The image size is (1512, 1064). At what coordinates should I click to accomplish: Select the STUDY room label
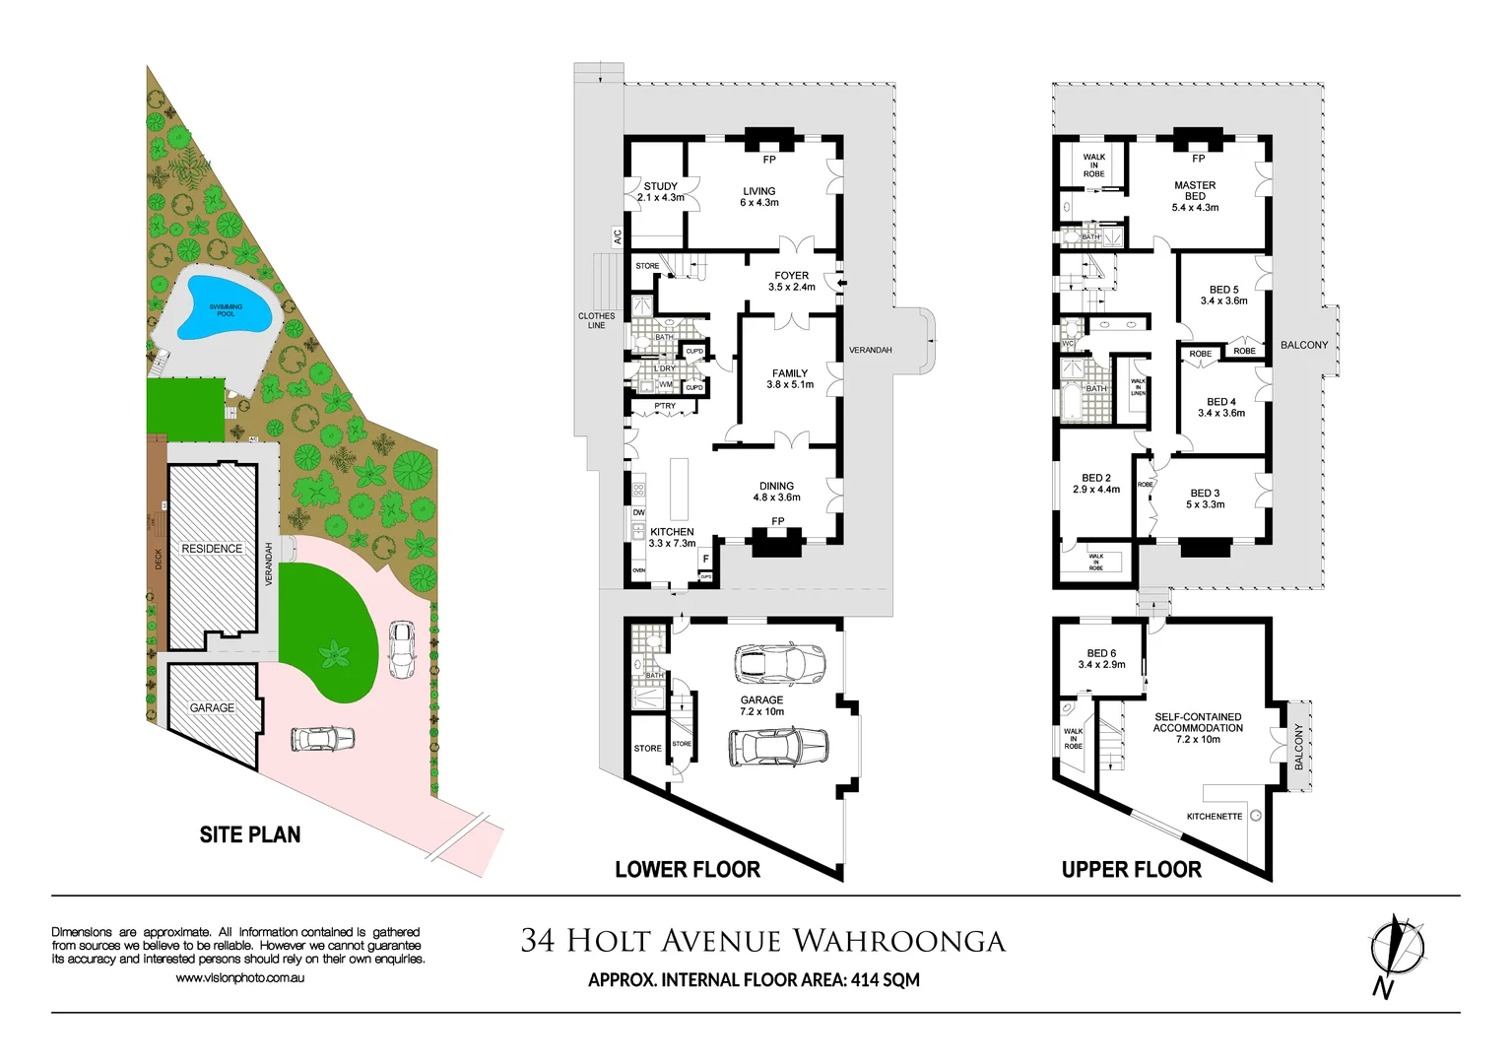coord(660,186)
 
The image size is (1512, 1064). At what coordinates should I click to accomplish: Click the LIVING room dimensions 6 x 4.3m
coord(758,203)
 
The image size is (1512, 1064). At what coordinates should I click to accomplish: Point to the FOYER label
coord(791,276)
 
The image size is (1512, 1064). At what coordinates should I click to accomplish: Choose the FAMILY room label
coord(790,373)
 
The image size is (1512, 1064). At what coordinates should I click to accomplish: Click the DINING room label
coord(776,486)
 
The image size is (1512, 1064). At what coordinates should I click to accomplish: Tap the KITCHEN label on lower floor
coord(672,532)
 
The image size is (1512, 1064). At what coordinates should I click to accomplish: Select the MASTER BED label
coord(1195,190)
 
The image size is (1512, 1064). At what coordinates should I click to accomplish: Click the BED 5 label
coord(1223,290)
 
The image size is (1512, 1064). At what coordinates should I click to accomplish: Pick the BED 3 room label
coord(1205,493)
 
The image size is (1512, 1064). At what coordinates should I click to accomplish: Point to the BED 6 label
coord(1101,653)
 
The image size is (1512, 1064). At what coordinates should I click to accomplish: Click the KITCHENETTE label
coord(1214,817)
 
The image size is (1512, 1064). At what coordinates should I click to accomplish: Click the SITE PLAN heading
coord(250,835)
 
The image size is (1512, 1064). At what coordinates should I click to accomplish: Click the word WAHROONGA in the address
coord(898,942)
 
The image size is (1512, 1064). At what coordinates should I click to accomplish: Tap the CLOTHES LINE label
coord(596,320)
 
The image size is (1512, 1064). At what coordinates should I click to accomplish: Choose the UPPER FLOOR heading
coord(1131,870)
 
